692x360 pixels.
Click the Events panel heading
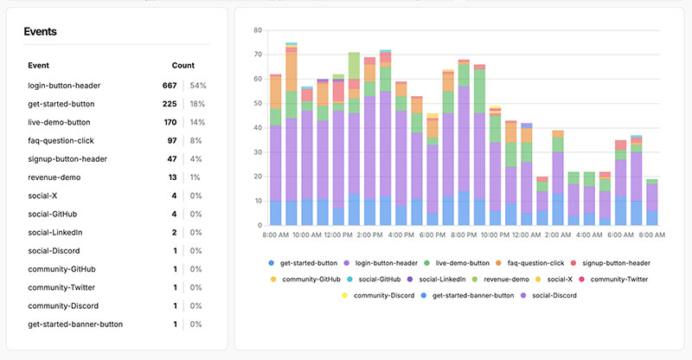(x=42, y=32)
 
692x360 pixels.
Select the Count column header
(x=183, y=65)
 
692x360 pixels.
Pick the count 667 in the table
(x=169, y=86)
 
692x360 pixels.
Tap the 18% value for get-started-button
(x=197, y=104)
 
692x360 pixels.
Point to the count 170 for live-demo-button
(x=170, y=122)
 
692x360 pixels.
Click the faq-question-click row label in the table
(x=59, y=140)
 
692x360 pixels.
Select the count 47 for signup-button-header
(x=171, y=158)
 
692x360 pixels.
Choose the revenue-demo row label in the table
(x=54, y=177)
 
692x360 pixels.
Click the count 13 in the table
(x=171, y=177)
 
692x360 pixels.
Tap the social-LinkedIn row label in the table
(x=57, y=232)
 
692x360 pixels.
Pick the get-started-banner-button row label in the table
(x=75, y=324)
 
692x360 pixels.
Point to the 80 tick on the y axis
(x=257, y=30)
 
